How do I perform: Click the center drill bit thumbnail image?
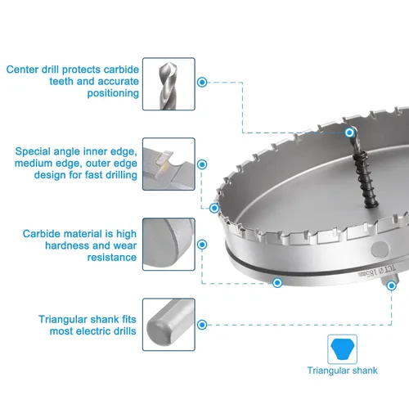click(x=169, y=84)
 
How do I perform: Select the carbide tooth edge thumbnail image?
click(x=169, y=164)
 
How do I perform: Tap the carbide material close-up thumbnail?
click(x=169, y=245)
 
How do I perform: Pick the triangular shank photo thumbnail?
click(x=169, y=325)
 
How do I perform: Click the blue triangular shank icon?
click(x=342, y=349)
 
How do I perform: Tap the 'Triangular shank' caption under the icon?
click(x=342, y=371)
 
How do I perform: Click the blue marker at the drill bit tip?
click(x=349, y=133)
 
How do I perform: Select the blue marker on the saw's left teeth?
click(x=214, y=209)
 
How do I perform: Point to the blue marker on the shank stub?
click(x=392, y=285)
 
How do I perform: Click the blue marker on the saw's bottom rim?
click(x=277, y=283)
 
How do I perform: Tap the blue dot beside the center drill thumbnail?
click(x=202, y=82)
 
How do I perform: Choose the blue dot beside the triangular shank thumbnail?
click(x=202, y=325)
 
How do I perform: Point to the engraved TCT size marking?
click(x=377, y=272)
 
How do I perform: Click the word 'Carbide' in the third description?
click(x=41, y=234)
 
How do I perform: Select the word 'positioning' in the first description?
click(x=113, y=93)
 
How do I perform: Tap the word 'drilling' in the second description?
click(x=121, y=175)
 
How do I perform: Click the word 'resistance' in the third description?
click(x=112, y=258)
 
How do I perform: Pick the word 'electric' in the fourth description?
click(x=92, y=331)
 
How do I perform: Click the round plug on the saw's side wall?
click(x=380, y=249)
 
